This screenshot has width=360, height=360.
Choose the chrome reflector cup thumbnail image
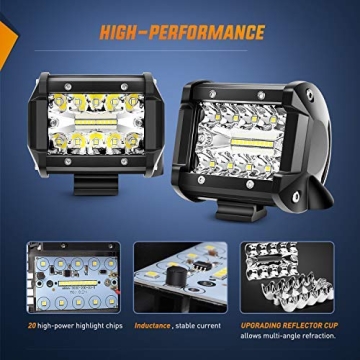pos(297,275)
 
